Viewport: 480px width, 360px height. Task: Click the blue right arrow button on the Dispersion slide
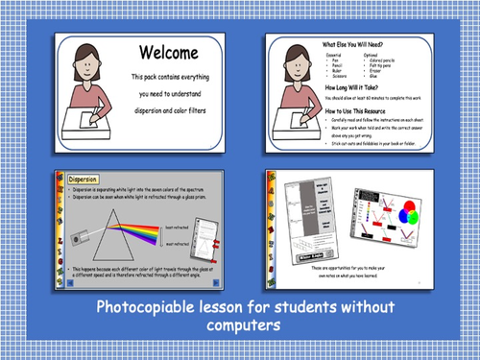pyautogui.click(x=220, y=284)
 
